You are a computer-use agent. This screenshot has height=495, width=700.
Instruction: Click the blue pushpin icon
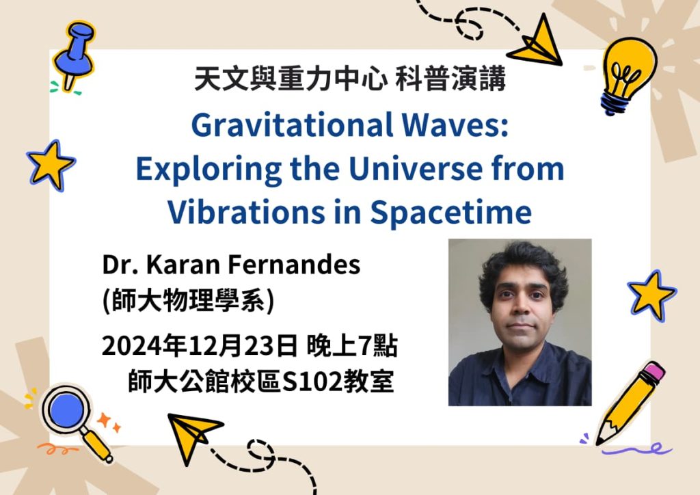tap(74, 53)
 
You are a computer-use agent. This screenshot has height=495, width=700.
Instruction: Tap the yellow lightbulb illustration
tap(628, 74)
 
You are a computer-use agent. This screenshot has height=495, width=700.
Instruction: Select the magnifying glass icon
tap(74, 420)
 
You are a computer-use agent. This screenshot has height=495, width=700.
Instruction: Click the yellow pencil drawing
tap(630, 402)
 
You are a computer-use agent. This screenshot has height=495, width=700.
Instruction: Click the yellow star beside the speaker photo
tap(651, 294)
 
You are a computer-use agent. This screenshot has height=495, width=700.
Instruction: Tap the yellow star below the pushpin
tap(50, 164)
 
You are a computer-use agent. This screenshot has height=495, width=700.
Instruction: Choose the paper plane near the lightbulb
tap(538, 42)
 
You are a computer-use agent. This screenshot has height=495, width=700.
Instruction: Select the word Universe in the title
tap(416, 169)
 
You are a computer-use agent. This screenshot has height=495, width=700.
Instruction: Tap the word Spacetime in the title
tap(451, 213)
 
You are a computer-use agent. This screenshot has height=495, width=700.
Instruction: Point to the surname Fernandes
tap(294, 264)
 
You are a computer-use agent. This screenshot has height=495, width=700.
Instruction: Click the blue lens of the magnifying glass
tap(66, 410)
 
